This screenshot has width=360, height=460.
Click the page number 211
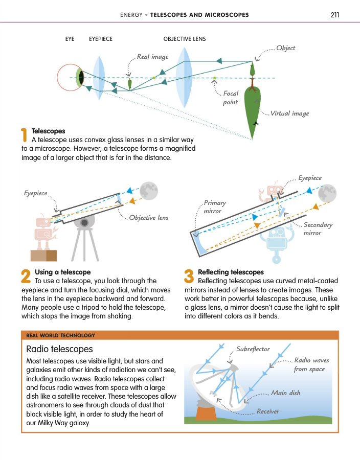[x=335, y=15]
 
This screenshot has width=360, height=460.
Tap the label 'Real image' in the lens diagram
[x=152, y=57]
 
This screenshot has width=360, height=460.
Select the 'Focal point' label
[x=231, y=98]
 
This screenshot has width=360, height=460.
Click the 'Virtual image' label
[x=289, y=113]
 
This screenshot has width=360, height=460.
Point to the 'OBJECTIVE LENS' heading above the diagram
[x=184, y=39]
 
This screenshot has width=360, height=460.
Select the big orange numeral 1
[x=24, y=135]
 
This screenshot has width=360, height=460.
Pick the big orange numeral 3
[x=189, y=276]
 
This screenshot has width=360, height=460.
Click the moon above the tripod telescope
[x=149, y=191]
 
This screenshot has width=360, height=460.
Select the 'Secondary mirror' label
[x=318, y=228]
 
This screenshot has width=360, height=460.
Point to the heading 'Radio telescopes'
[x=59, y=349]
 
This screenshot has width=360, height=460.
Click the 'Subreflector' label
[x=253, y=349]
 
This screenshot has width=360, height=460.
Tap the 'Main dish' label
[x=285, y=393]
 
